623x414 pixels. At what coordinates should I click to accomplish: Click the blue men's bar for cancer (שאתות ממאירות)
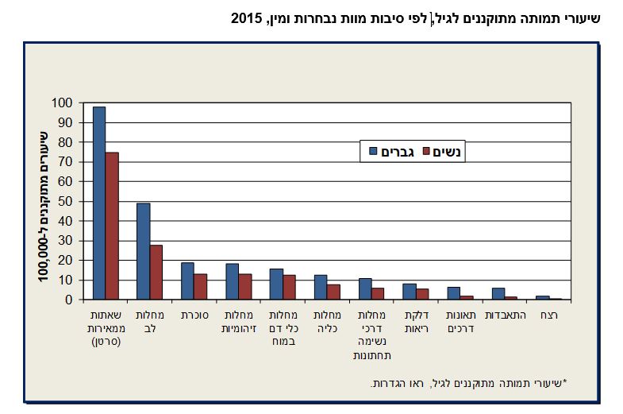point(99,203)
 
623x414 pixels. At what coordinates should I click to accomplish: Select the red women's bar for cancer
point(112,226)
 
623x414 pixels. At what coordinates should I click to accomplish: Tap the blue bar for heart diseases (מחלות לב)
point(144,251)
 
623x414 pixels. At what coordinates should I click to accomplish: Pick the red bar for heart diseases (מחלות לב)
point(156,273)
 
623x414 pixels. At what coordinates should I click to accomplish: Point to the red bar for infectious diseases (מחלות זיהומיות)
point(245,287)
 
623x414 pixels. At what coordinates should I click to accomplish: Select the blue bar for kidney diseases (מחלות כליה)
point(321,288)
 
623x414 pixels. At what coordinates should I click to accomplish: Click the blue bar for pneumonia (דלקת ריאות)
point(410,292)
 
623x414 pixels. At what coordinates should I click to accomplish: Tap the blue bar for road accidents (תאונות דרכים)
point(454,293)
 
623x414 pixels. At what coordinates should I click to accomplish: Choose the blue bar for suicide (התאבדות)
point(498,294)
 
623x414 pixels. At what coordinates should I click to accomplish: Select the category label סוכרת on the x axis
point(194,315)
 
